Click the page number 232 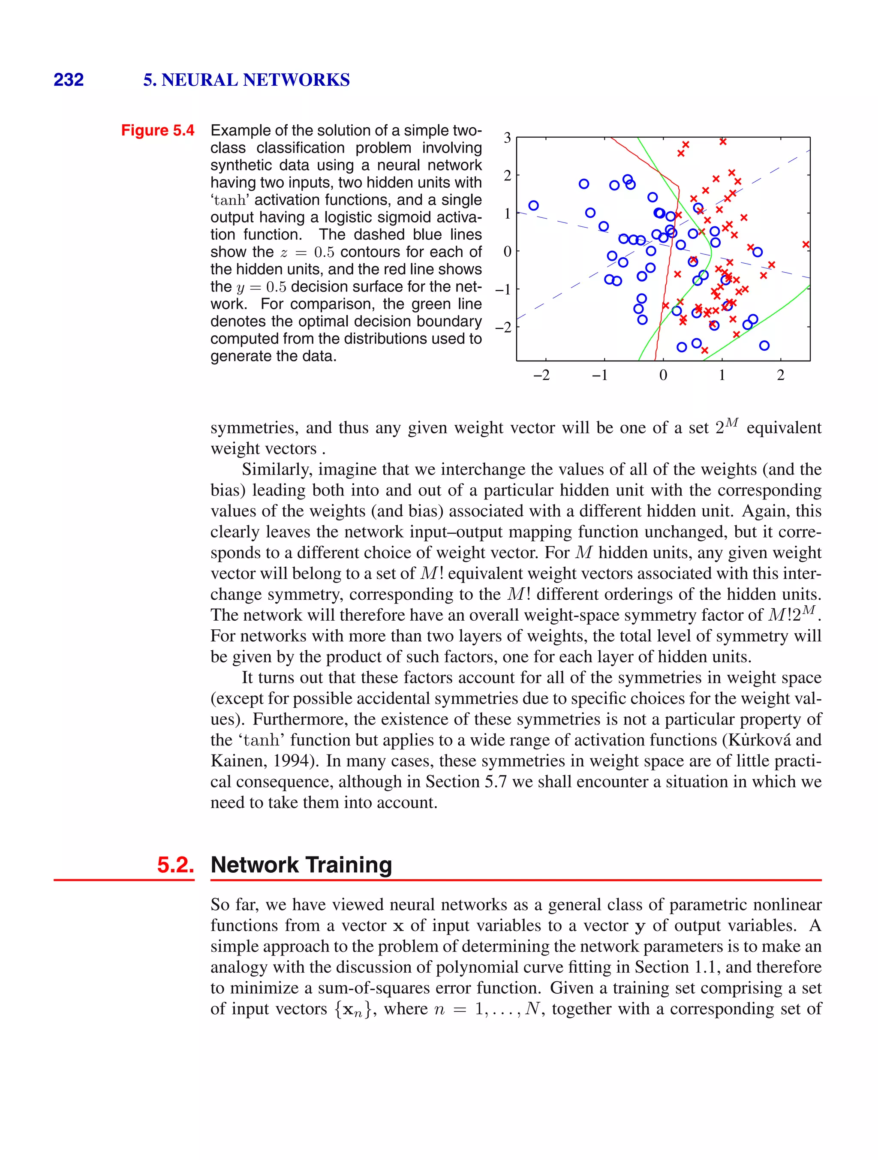[69, 80]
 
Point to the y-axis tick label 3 [507, 138]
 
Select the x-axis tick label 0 [663, 375]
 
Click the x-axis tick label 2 [780, 375]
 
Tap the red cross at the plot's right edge [806, 244]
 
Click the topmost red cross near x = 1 [723, 141]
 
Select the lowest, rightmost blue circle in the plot [764, 346]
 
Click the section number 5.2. [175, 865]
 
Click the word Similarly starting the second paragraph [277, 469]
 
